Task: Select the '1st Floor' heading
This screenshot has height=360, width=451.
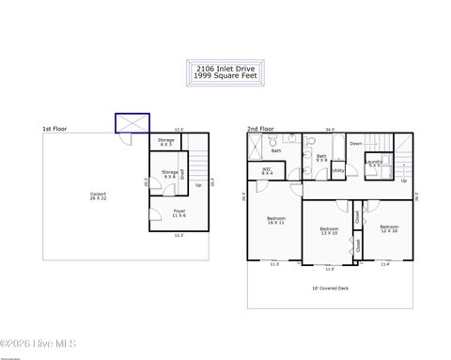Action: coord(54,128)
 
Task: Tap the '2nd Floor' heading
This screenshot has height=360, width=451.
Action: coord(259,128)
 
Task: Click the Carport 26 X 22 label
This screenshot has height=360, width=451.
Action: coord(98,197)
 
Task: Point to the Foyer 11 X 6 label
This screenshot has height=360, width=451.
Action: coord(179,214)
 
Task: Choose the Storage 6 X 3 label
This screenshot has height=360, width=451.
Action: coord(165,143)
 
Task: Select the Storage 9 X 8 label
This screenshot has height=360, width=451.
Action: coord(169,174)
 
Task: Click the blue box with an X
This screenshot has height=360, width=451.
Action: coord(132,122)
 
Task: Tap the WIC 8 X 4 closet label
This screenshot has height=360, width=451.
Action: coord(267,171)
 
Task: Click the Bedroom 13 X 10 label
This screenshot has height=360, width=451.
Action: coord(329,230)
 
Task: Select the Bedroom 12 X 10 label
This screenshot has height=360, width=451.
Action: coord(389,228)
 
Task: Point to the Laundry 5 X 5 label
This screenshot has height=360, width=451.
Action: coord(375,164)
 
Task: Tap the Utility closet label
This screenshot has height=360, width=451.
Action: coord(338,170)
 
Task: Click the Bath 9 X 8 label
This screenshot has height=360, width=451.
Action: coord(321,158)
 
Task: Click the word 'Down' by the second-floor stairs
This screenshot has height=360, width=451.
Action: coord(355,144)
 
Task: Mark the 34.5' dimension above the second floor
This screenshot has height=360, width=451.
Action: coord(329,130)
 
